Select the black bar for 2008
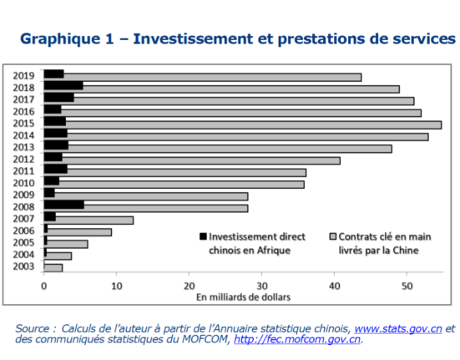pyautogui.click(x=64, y=205)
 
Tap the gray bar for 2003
pyautogui.click(x=53, y=268)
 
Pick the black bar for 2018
pyautogui.click(x=63, y=85)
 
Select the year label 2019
pyautogui.click(x=23, y=76)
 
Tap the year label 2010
pyautogui.click(x=23, y=183)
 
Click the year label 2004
pyautogui.click(x=23, y=255)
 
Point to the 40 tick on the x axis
pyautogui.click(x=334, y=286)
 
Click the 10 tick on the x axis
pyautogui.click(x=117, y=286)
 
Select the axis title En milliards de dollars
pyautogui.click(x=243, y=297)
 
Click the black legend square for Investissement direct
pyautogui.click(x=203, y=236)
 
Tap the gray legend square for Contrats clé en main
pyautogui.click(x=333, y=236)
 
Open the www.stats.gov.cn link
pyautogui.click(x=398, y=328)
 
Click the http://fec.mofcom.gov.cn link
pyautogui.click(x=297, y=339)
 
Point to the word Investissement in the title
pyautogui.click(x=193, y=38)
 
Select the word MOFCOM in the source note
pyautogui.click(x=205, y=339)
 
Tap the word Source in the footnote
pyautogui.click(x=33, y=328)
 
